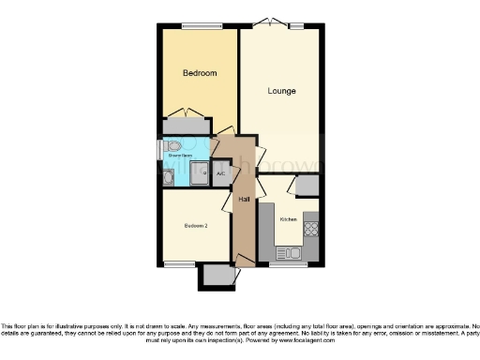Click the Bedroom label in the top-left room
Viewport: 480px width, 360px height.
click(199, 73)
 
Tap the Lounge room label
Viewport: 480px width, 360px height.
click(281, 91)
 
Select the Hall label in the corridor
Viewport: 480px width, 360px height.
click(243, 200)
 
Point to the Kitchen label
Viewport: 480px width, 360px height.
click(288, 218)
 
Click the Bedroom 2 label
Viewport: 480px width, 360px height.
click(196, 225)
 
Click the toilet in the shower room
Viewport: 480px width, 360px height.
click(172, 146)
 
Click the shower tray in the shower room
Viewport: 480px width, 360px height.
click(199, 173)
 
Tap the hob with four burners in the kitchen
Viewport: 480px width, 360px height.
click(310, 228)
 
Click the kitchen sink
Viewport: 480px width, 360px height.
click(290, 253)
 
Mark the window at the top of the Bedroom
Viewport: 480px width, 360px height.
click(195, 25)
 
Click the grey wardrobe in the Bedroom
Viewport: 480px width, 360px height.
click(187, 127)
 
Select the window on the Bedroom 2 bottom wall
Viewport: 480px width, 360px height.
click(177, 263)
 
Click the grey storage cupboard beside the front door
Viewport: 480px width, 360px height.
click(217, 274)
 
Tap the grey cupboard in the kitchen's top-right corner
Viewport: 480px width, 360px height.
click(306, 186)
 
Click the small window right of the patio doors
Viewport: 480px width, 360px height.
click(297, 25)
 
